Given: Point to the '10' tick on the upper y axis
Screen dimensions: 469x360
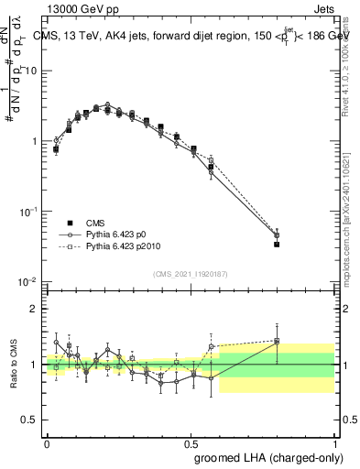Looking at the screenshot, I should click(x=32, y=71).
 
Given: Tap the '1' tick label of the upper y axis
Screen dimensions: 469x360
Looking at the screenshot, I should click(x=35, y=142).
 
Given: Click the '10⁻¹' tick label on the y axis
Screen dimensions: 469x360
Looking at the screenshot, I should click(x=30, y=212).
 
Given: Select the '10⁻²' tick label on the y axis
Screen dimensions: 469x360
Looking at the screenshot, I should click(x=30, y=281).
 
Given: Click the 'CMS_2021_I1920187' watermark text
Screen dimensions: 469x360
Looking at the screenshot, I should click(x=191, y=274).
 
